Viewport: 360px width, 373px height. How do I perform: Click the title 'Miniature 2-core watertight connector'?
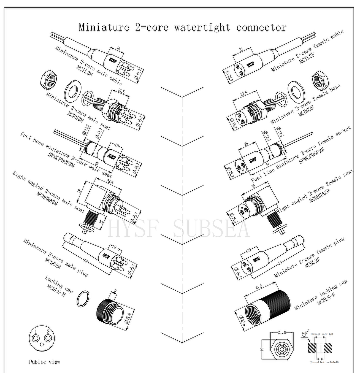[x=182, y=27]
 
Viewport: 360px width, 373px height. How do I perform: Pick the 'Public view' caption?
[x=44, y=362]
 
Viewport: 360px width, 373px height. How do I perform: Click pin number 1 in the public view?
[x=35, y=331]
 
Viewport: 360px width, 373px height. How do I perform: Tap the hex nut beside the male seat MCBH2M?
[x=48, y=79]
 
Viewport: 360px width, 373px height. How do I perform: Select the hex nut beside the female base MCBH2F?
[x=319, y=79]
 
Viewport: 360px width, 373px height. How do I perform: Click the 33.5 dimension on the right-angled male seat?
[x=110, y=182]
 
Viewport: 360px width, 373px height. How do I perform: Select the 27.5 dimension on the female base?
[x=244, y=94]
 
